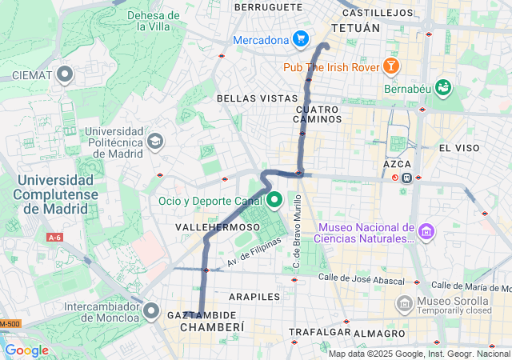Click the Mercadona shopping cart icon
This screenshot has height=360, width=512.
click(x=300, y=39)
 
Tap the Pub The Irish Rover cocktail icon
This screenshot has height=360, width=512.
click(x=392, y=65)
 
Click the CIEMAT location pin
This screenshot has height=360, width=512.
click(x=65, y=75)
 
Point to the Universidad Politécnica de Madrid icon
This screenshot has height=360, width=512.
click(x=154, y=141)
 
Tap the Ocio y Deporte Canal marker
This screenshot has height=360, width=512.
click(x=274, y=200)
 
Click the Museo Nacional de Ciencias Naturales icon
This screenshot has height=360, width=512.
click(x=426, y=232)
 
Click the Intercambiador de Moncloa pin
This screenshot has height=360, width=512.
click(x=152, y=311)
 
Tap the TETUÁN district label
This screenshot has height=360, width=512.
click(x=356, y=28)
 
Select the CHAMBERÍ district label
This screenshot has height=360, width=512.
click(x=211, y=327)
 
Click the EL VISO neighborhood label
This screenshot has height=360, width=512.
click(x=458, y=148)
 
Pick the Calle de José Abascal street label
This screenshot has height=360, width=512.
click(x=358, y=278)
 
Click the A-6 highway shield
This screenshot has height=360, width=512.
click(x=54, y=237)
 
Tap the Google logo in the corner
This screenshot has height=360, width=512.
click(x=26, y=350)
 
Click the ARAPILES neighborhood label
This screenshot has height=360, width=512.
click(x=254, y=296)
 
